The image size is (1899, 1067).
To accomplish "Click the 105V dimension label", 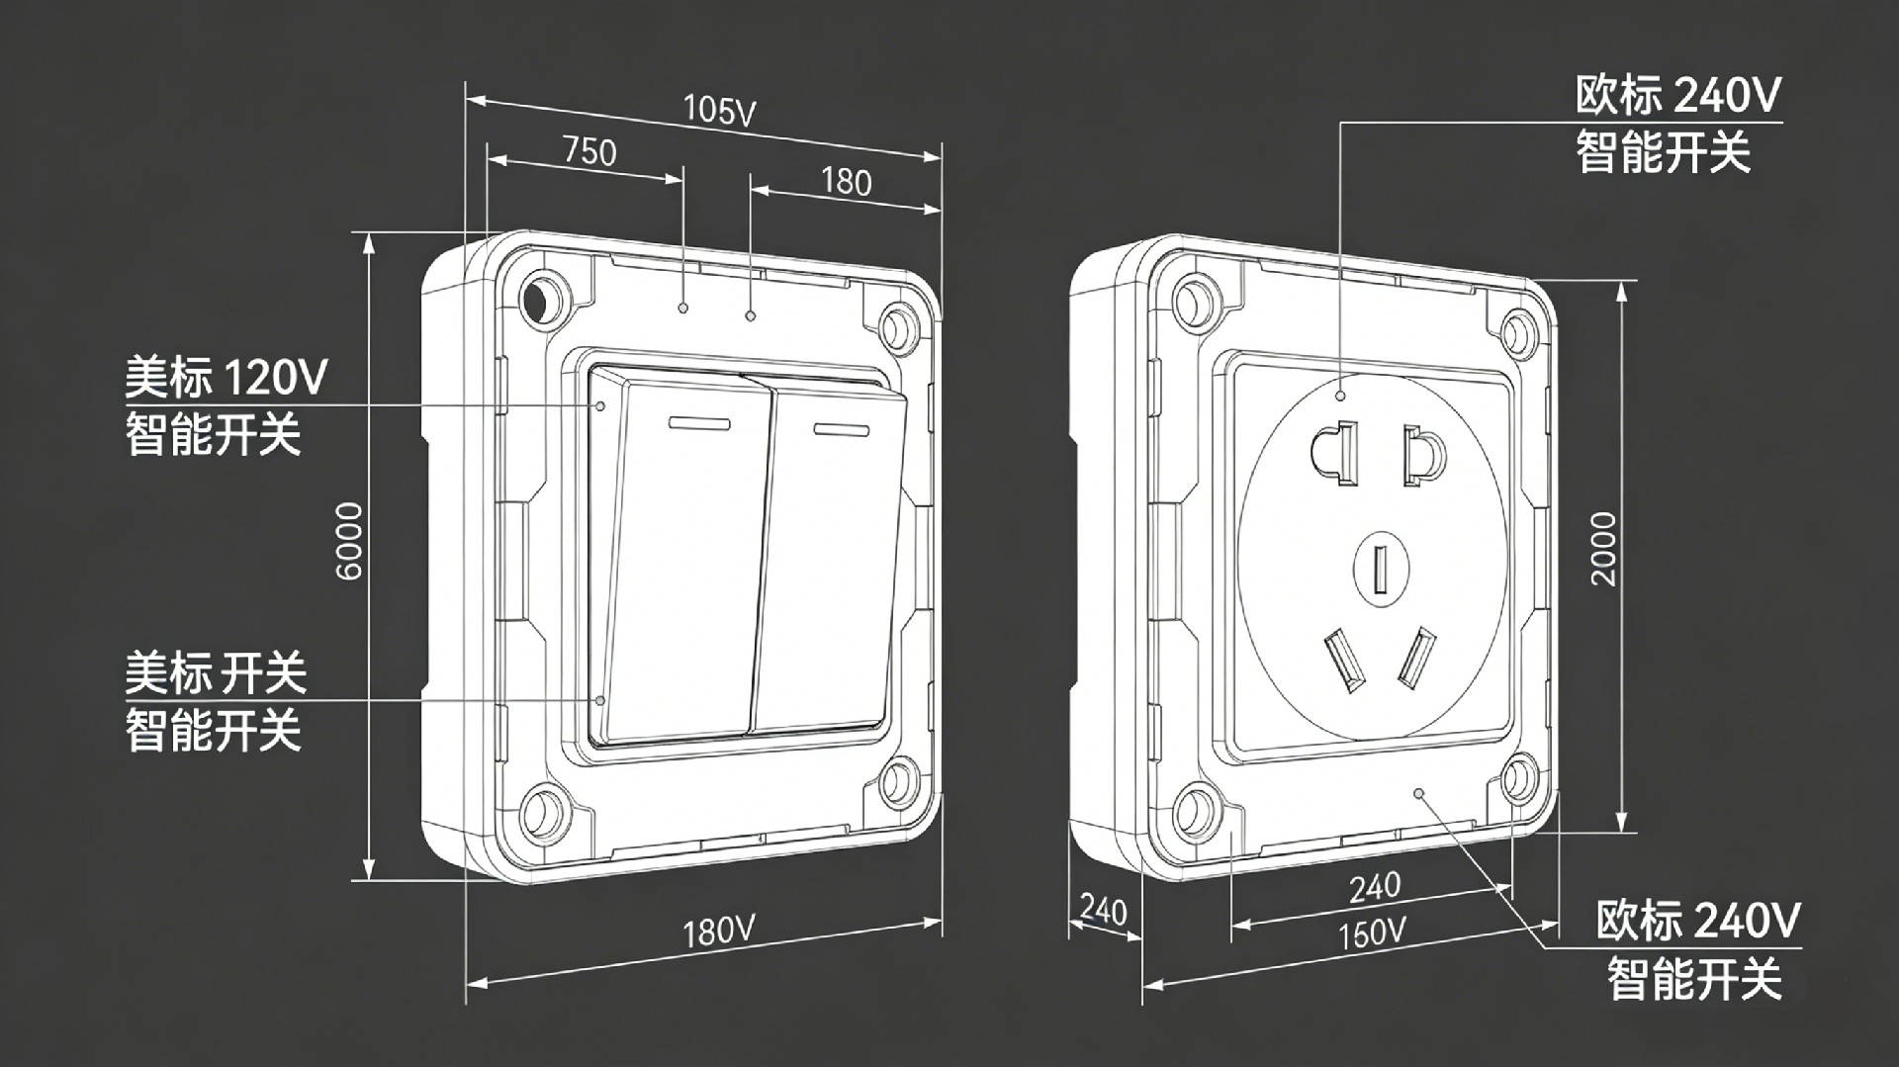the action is pos(720,110).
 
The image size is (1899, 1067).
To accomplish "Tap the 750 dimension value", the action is pos(589,150).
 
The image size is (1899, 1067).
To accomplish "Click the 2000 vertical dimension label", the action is pos(1603,549).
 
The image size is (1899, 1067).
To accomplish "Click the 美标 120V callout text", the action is pos(226,377).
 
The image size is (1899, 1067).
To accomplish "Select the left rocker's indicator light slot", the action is pos(699,424).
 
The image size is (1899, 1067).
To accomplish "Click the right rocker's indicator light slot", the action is pos(841,429).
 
